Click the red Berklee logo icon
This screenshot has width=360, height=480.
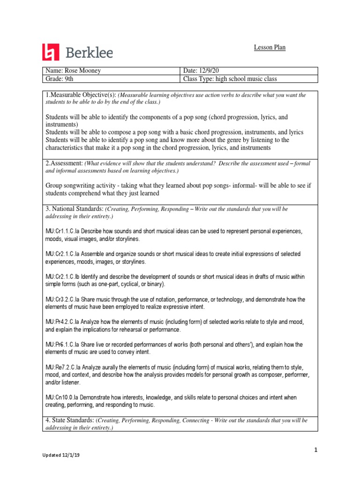(52, 52)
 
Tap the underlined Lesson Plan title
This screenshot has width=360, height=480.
(270, 47)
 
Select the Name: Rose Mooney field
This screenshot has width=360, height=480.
(73, 71)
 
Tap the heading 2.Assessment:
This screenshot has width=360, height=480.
(64, 163)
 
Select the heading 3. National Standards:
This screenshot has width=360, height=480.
(75, 208)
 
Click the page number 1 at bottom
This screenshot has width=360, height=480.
(316, 450)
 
